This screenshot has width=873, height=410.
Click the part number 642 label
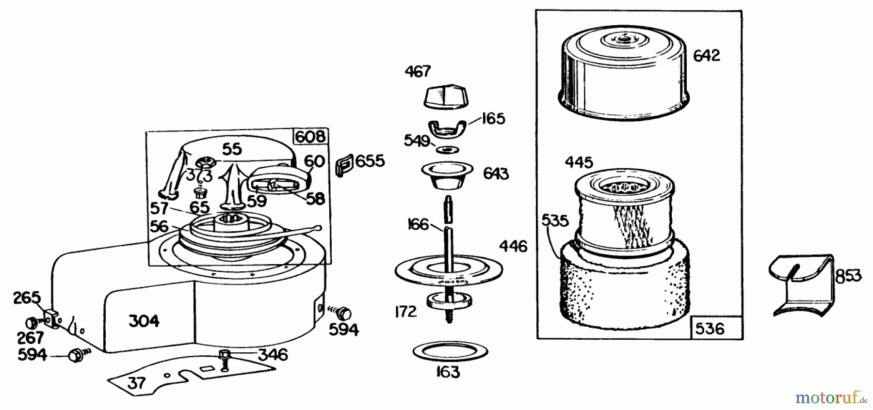(x=706, y=56)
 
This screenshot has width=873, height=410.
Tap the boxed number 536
(x=710, y=329)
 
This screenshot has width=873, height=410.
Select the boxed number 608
(x=310, y=137)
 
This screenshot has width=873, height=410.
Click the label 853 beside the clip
(x=848, y=276)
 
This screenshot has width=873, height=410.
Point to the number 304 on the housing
(x=144, y=320)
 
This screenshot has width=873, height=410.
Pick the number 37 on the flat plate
(x=136, y=383)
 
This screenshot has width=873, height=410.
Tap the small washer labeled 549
(x=446, y=148)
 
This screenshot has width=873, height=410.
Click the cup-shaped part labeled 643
(x=447, y=176)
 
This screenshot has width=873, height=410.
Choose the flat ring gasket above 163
(x=450, y=351)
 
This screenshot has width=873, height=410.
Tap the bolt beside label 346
(x=224, y=360)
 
